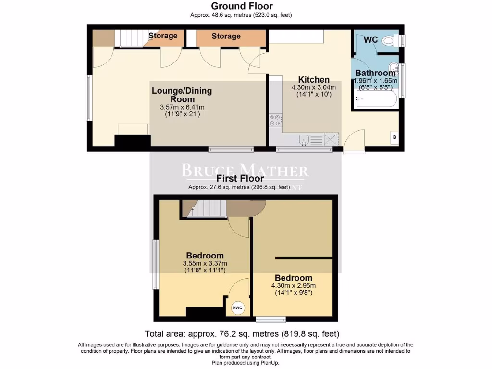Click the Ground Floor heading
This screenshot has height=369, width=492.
click(242, 6)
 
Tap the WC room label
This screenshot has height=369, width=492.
click(370, 39)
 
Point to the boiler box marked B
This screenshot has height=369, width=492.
click(394, 137)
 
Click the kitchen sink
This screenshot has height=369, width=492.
click(304, 139)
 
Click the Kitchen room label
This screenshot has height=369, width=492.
click(314, 80)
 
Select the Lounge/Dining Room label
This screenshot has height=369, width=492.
click(182, 95)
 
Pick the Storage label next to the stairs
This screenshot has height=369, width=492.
click(163, 36)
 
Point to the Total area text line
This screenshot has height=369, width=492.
click(242, 333)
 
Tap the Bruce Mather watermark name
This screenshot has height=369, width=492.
click(245, 170)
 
